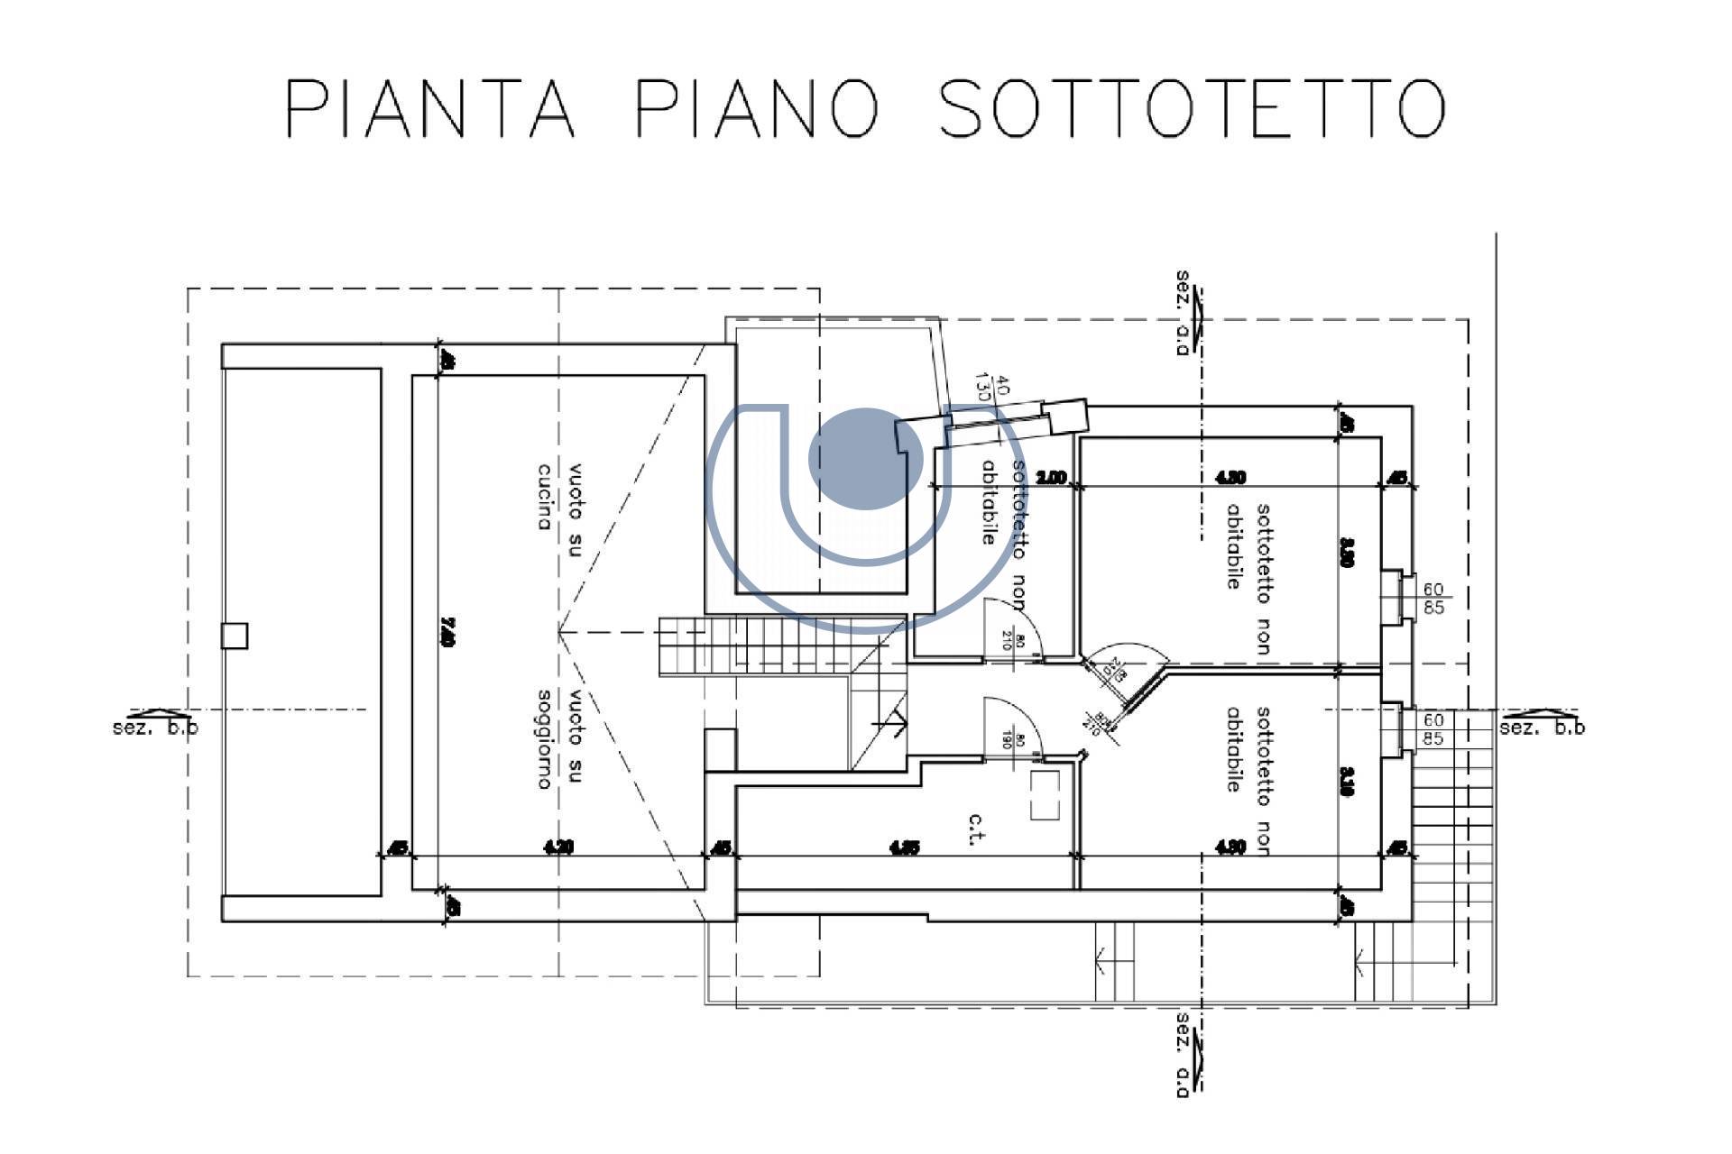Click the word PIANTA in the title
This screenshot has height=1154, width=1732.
pyautogui.click(x=430, y=108)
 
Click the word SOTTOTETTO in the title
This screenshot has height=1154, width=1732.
pyautogui.click(x=1191, y=108)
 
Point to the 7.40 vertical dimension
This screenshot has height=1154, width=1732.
pyautogui.click(x=447, y=631)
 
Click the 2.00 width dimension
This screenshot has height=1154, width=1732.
pyautogui.click(x=1052, y=477)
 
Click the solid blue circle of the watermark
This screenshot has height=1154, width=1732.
pyautogui.click(x=864, y=459)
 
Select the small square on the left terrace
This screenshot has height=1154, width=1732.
pyautogui.click(x=235, y=636)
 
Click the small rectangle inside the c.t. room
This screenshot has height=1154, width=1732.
pyautogui.click(x=1046, y=793)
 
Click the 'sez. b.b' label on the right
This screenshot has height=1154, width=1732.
pyautogui.click(x=1541, y=727)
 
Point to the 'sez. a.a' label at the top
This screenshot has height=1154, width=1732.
pyautogui.click(x=1184, y=312)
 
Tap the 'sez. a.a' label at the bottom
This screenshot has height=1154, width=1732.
pyautogui.click(x=1184, y=1055)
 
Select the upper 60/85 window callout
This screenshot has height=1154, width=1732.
pyautogui.click(x=1433, y=599)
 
